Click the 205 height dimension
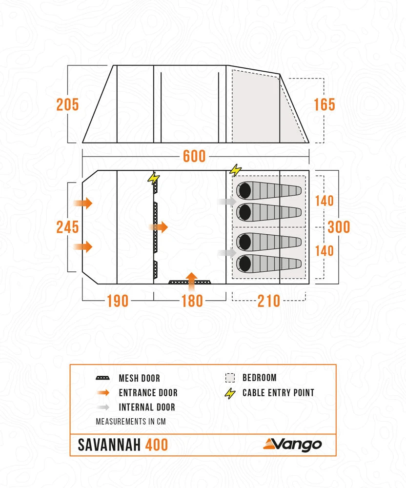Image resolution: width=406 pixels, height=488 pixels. tap(67, 104)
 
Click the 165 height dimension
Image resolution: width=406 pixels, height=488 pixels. tap(325, 104)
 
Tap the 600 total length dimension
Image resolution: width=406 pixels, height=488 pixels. tap(194, 156)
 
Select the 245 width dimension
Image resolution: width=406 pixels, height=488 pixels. tap(67, 227)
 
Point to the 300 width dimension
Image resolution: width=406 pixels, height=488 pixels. tap(339, 227)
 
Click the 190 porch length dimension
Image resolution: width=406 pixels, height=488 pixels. tap(118, 301)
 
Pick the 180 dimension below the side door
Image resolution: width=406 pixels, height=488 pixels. tap(192, 301)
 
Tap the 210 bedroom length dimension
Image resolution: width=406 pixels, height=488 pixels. tap(268, 301)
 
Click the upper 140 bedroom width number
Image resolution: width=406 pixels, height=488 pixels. tap(324, 201)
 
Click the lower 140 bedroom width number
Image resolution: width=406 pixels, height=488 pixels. tap(324, 250)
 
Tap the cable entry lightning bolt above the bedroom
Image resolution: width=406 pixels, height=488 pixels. tap(235, 170)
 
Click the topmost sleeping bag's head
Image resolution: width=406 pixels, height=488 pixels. tap(244, 190)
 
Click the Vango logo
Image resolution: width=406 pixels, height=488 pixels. tap(293, 444)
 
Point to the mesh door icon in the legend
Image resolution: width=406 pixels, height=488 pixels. tap(102, 378)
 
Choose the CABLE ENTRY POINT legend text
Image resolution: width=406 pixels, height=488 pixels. tap(278, 393)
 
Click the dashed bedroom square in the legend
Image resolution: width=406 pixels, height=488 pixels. tap(230, 378)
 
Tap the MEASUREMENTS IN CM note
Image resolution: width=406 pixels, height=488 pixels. tap(131, 421)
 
